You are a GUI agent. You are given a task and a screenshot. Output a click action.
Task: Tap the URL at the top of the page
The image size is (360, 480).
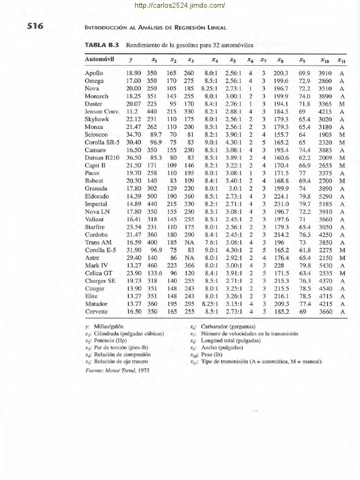(180, 6)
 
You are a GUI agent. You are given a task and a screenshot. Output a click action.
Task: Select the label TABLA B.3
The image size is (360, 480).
(102, 45)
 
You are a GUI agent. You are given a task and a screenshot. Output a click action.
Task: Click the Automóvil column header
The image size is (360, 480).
(99, 60)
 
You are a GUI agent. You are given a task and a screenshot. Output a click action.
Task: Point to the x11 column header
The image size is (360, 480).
(341, 60)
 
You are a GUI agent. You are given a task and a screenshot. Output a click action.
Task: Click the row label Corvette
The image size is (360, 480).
(97, 311)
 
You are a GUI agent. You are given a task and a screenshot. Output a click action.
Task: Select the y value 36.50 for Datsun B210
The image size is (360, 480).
(134, 157)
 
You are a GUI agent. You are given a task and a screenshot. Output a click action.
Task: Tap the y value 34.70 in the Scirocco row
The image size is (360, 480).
(134, 135)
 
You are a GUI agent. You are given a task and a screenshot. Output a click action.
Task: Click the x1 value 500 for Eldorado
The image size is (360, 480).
(151, 196)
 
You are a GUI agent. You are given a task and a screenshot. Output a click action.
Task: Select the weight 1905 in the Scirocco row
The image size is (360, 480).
(325, 135)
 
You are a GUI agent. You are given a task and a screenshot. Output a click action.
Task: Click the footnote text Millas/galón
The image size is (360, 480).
(108, 326)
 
